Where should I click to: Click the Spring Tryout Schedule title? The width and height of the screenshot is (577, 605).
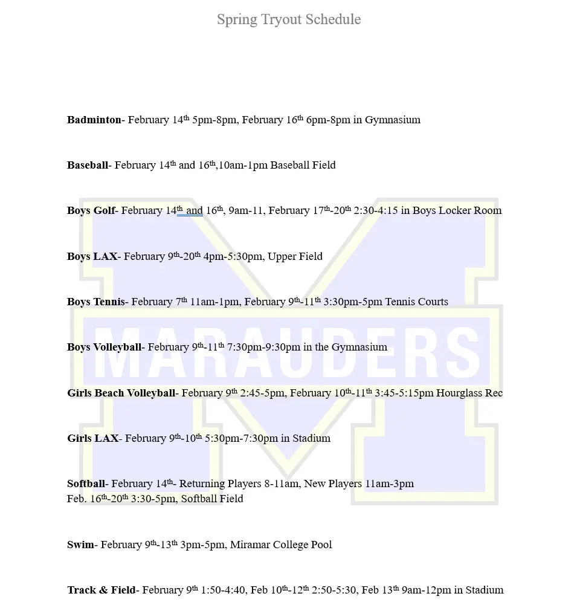click(x=289, y=19)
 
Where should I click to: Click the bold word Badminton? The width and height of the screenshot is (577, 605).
click(x=94, y=120)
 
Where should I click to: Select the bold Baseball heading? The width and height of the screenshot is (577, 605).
click(x=88, y=165)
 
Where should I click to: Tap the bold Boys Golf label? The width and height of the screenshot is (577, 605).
click(x=91, y=210)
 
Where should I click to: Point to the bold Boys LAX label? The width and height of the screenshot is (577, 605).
click(x=92, y=256)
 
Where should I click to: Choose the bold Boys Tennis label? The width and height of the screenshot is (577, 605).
click(x=95, y=302)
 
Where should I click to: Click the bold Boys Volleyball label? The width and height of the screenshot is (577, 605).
click(x=104, y=347)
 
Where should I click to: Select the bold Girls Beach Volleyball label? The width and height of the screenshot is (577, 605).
click(x=121, y=393)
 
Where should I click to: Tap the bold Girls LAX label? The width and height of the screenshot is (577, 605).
click(x=92, y=438)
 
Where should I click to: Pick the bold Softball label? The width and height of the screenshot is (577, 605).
click(x=86, y=484)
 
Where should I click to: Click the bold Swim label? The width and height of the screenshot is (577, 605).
click(x=80, y=545)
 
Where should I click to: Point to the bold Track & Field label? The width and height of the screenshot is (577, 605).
click(x=101, y=590)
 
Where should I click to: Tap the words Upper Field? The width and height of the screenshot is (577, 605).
click(x=295, y=256)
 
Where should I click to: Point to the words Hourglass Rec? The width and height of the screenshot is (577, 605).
click(x=469, y=393)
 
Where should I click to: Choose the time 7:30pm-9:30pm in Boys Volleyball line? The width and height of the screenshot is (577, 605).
click(x=263, y=347)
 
